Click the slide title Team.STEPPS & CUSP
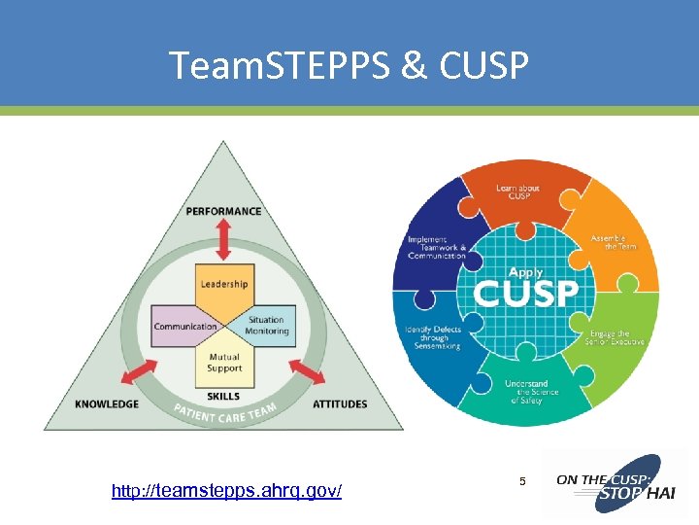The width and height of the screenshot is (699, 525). pos(349,65)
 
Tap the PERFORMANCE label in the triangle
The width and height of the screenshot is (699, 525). pos(223,211)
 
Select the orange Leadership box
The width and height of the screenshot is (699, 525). pos(224,284)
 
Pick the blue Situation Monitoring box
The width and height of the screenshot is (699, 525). pos(265,326)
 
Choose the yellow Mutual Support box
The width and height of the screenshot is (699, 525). pos(224,365)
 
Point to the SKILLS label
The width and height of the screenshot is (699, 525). pos(224,397)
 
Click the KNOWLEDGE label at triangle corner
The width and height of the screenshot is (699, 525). pos(107,403)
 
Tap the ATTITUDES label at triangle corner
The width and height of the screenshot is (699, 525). pos(340,403)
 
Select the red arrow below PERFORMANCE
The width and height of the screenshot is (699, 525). pos(224,239)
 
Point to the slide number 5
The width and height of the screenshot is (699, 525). pos(522,481)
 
